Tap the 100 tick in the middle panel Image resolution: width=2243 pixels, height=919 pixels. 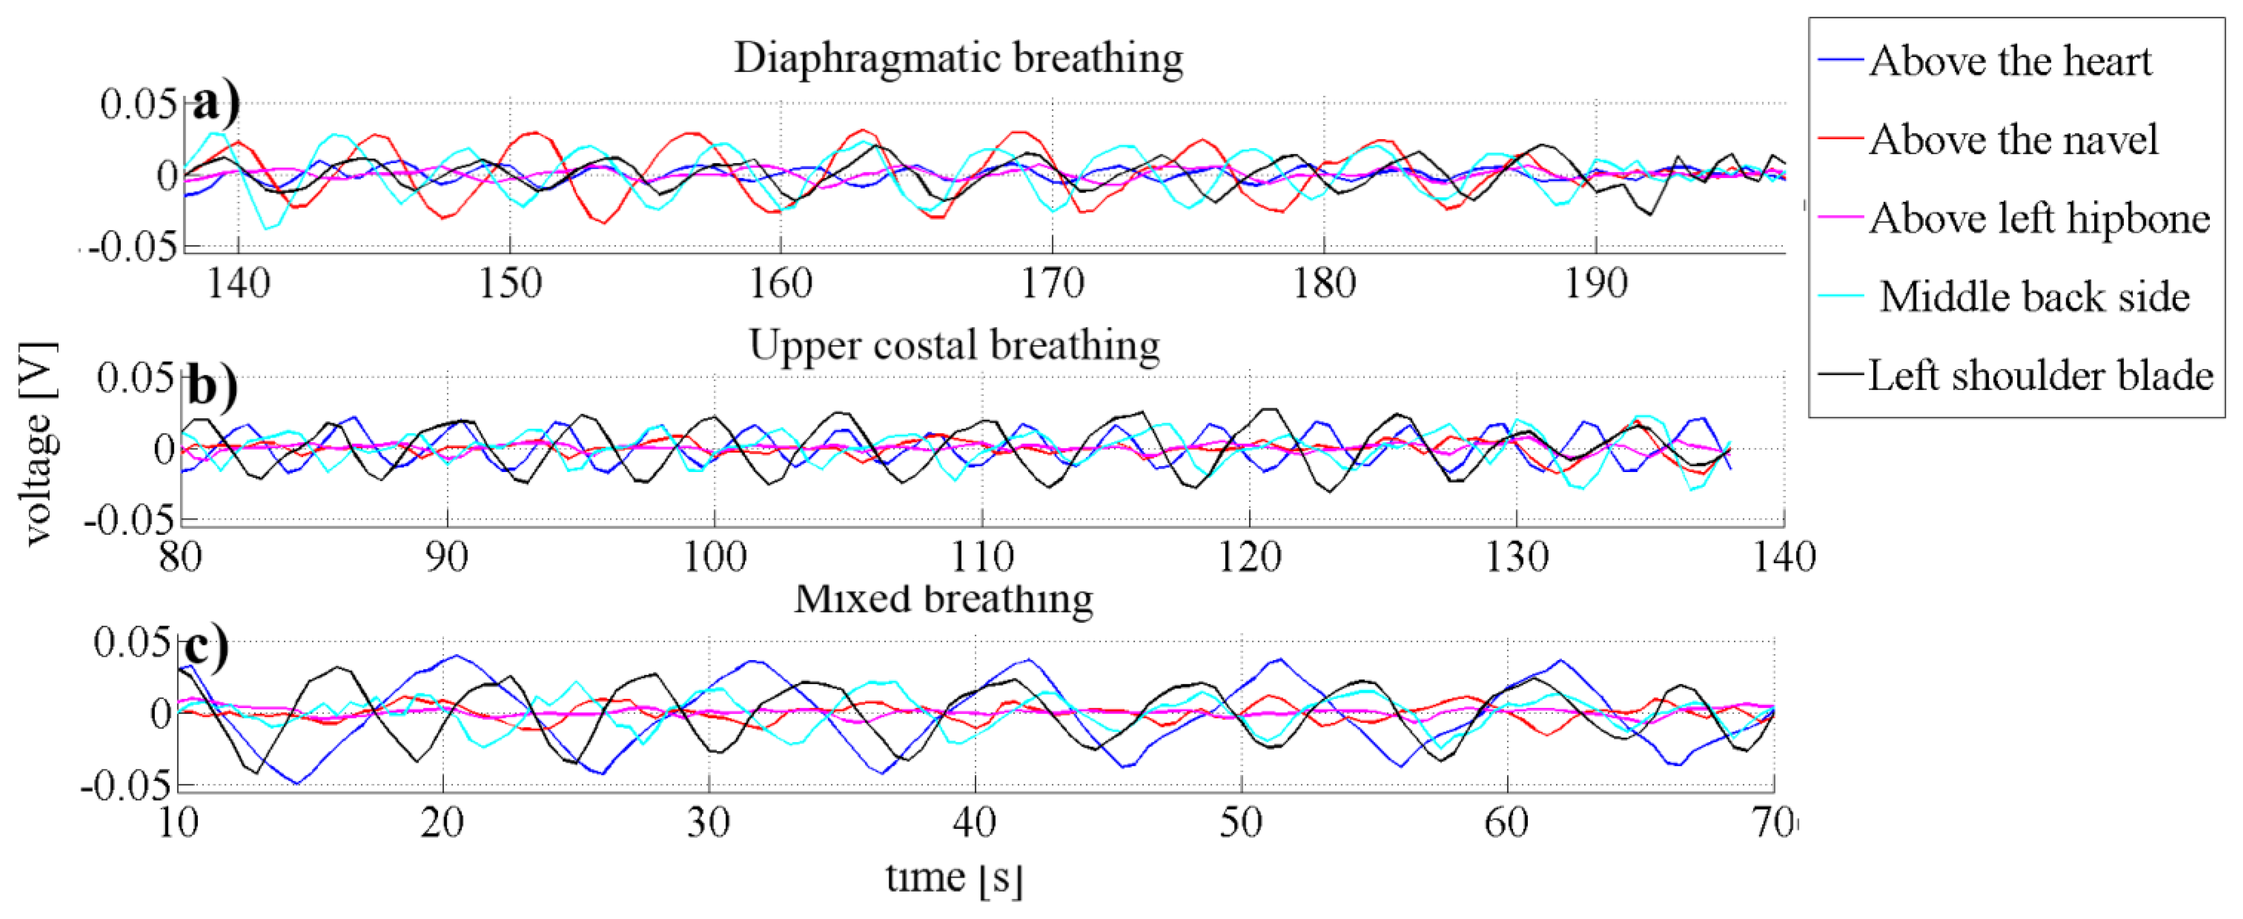715,557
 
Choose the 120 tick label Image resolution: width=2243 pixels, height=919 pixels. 1250,557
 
